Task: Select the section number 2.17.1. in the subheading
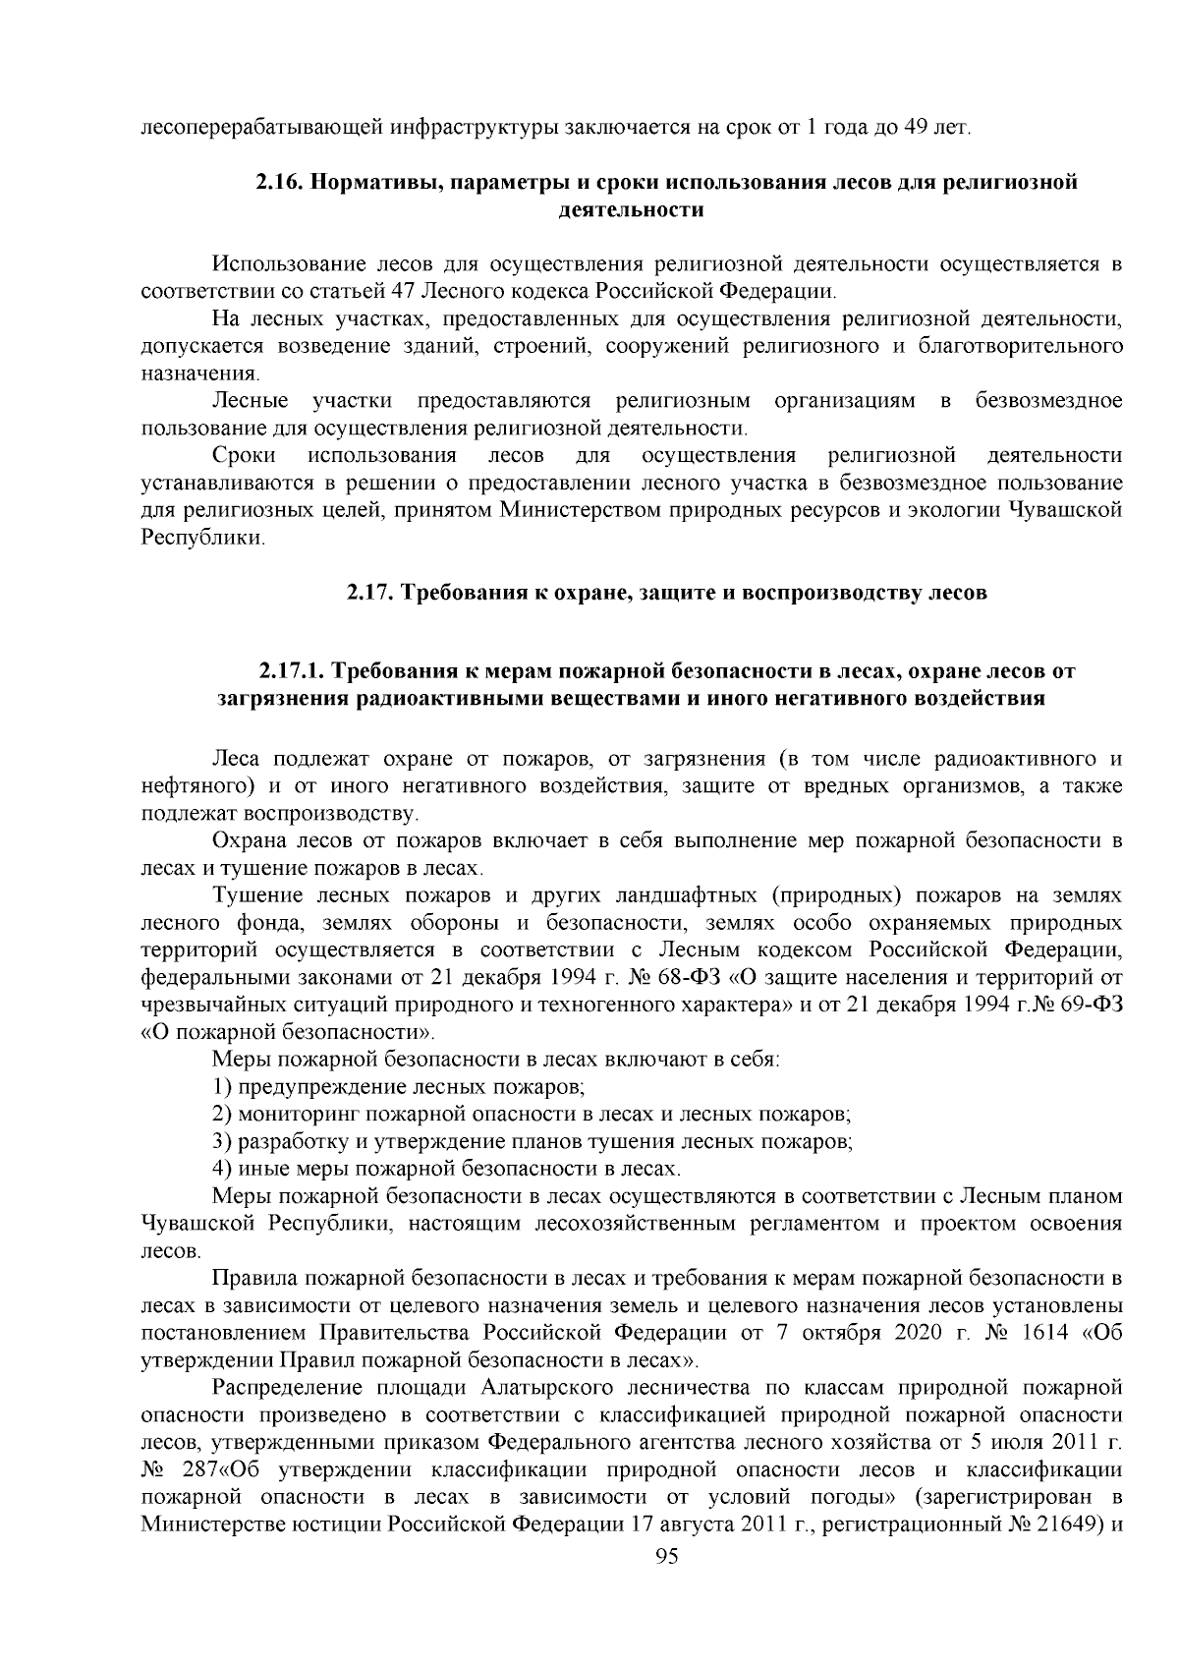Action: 292,672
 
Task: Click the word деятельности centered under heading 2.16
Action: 630,210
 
